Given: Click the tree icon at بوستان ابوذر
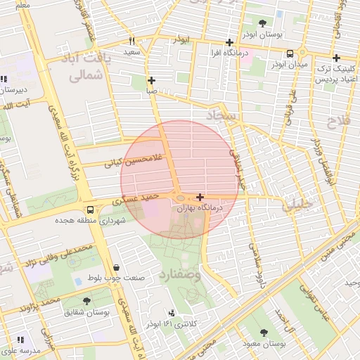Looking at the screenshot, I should pos(263,23).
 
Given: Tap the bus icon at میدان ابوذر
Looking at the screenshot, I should pos(290,54).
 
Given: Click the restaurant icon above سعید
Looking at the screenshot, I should pos(131,41).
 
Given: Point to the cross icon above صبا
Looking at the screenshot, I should pos(151,80).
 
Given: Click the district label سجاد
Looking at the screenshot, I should pos(223,115).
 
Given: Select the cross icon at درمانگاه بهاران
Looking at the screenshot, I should pos(201,198).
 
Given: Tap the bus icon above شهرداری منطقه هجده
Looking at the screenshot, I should pos(89,210).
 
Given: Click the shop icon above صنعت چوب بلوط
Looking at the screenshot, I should pos(115,268).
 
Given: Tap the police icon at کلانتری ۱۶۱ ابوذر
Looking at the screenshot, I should pos(172,312).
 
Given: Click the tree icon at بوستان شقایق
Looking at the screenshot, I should pos(86,301).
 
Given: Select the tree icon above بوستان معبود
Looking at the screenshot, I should pos(264,333).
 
